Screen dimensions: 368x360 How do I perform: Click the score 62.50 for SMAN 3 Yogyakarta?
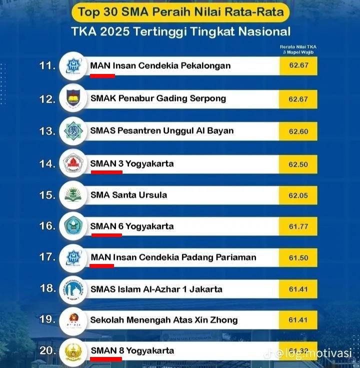click(x=298, y=163)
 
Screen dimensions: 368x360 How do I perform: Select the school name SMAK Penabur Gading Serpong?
click(x=158, y=98)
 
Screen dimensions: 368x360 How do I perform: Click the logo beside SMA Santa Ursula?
click(x=73, y=194)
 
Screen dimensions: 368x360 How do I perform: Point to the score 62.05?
click(x=298, y=195)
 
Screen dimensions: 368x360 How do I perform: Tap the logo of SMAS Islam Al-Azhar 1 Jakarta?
click(x=73, y=289)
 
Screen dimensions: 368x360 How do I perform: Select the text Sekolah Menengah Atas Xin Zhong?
click(x=163, y=319)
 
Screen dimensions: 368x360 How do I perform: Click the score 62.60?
click(x=298, y=131)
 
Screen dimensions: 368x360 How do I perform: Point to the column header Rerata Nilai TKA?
click(x=298, y=47)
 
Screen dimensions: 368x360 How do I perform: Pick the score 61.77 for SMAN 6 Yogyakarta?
click(x=298, y=226)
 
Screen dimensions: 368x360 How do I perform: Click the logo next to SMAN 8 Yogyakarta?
click(x=73, y=351)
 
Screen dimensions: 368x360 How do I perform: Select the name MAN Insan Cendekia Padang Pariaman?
click(x=173, y=257)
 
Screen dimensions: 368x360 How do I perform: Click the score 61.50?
click(x=298, y=257)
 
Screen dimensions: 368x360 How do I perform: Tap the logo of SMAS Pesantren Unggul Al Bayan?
click(x=73, y=131)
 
